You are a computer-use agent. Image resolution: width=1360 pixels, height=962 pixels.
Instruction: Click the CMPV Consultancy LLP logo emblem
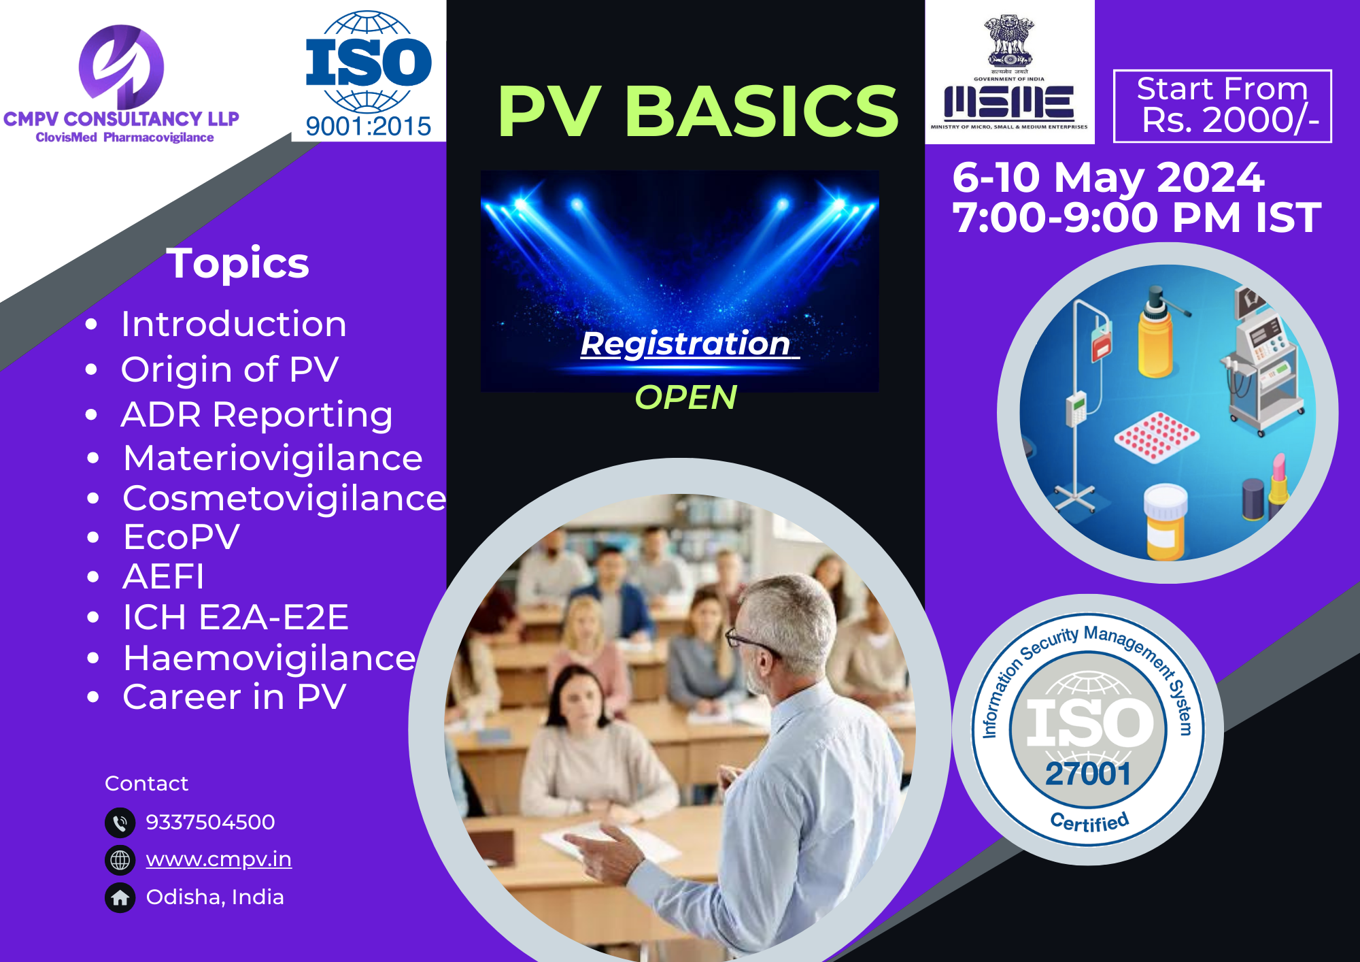click(x=121, y=67)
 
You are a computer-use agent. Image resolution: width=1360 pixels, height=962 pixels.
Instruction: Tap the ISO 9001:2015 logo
click(x=369, y=73)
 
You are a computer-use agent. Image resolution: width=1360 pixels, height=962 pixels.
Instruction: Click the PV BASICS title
click(x=698, y=111)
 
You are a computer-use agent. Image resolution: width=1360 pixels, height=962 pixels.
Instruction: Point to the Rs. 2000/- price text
click(x=1230, y=120)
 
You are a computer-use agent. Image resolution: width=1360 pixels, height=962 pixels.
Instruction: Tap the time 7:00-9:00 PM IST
click(x=1136, y=217)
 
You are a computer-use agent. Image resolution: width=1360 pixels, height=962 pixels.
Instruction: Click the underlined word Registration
click(x=685, y=344)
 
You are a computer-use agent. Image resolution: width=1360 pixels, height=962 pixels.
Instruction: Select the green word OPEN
click(x=685, y=397)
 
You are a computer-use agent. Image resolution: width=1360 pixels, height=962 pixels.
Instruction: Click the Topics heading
click(x=238, y=263)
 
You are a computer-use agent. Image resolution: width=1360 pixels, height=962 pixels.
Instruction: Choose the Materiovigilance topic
click(x=273, y=458)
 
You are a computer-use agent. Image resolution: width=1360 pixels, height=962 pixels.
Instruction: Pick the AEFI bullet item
click(x=163, y=577)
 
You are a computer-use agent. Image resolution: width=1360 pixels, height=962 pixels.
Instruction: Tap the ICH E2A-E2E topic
click(x=235, y=617)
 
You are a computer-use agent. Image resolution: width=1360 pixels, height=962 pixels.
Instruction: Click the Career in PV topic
click(x=235, y=697)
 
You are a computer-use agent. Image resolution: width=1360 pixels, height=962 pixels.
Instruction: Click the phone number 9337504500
click(x=211, y=822)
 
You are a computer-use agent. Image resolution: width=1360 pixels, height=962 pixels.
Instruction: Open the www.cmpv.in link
click(x=219, y=860)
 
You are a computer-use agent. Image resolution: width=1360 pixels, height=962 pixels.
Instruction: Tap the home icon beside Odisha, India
click(x=120, y=898)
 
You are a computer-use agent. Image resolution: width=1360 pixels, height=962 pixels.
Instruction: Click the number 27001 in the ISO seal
click(x=1088, y=774)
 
